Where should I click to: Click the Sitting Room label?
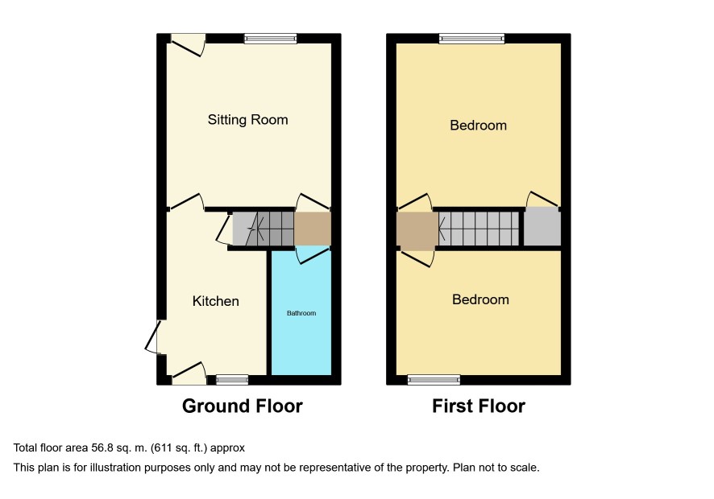247,120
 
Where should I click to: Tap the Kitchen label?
215,301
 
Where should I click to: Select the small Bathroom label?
301,313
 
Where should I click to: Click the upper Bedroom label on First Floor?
478,125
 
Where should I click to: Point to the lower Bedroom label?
480,299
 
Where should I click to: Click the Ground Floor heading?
243,406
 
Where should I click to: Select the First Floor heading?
479,406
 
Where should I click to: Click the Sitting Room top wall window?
271,39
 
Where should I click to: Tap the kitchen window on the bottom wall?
232,380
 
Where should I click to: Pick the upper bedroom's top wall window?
471,39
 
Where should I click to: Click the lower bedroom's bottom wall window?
434,380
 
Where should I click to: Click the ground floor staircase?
264,229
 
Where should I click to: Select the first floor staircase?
479,229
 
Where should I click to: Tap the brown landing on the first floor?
417,231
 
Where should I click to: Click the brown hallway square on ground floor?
313,229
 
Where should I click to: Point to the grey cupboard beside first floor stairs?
542,226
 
